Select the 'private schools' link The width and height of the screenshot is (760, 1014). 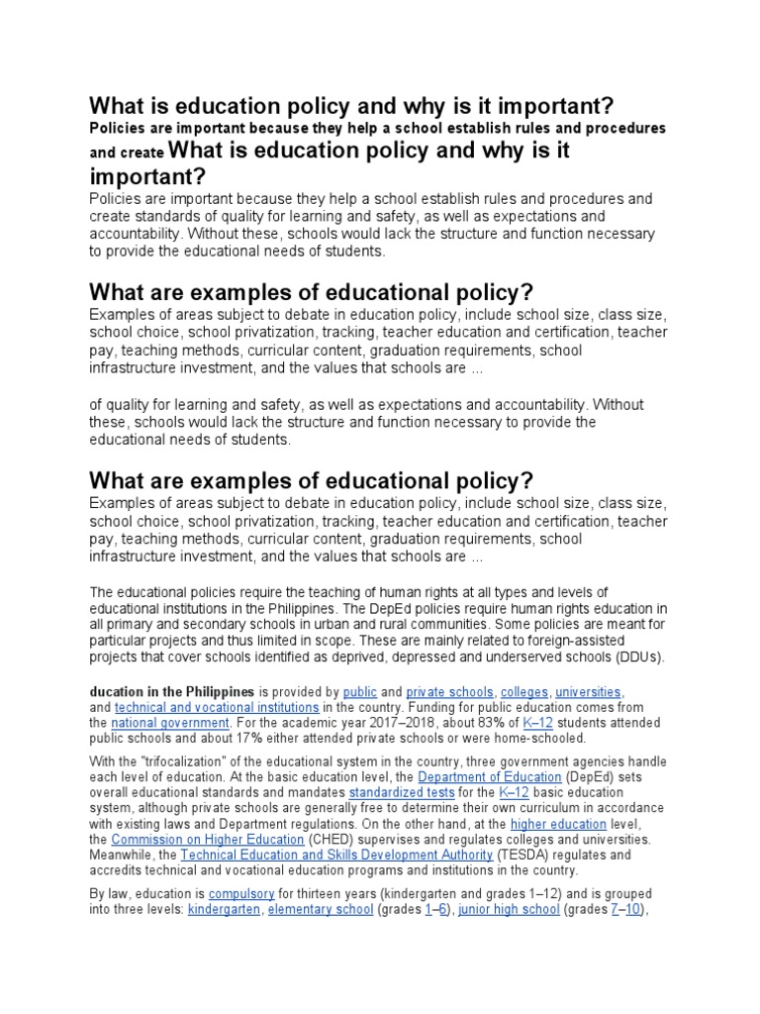pyautogui.click(x=449, y=691)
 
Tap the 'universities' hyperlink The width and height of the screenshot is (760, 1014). pyautogui.click(x=588, y=691)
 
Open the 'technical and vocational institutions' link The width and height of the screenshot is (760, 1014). pyautogui.click(x=217, y=708)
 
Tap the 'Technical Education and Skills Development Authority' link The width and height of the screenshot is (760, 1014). pyautogui.click(x=336, y=855)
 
